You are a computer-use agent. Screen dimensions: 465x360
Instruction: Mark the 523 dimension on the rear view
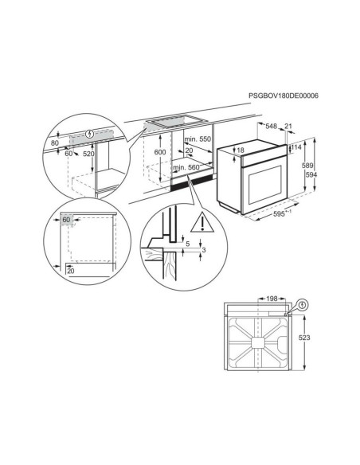click(x=327, y=339)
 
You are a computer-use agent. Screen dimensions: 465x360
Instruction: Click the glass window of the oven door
click(x=260, y=181)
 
